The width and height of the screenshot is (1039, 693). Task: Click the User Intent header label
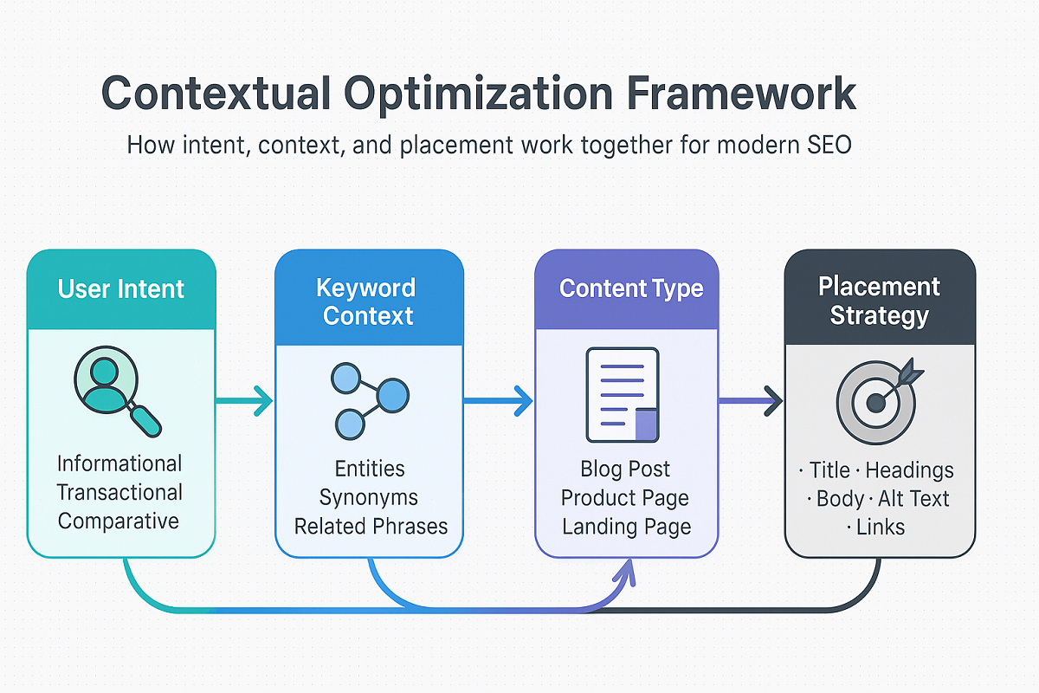click(x=121, y=288)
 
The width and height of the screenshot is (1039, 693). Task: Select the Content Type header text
click(x=630, y=288)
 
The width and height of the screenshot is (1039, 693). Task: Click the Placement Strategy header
click(x=879, y=301)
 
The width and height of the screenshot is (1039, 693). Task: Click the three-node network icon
click(x=369, y=399)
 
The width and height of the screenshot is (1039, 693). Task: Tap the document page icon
click(x=623, y=394)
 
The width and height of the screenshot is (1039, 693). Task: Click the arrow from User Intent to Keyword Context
click(x=245, y=400)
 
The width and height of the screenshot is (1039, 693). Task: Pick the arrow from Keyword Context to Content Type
click(x=500, y=400)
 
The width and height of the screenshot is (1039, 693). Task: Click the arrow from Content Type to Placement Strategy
click(x=751, y=400)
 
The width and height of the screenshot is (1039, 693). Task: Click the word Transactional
click(x=120, y=492)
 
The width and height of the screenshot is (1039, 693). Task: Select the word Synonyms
click(x=369, y=497)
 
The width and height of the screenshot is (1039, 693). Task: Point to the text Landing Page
click(x=625, y=526)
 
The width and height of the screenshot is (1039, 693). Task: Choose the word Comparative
click(x=119, y=521)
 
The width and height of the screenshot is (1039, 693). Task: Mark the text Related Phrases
click(x=371, y=526)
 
